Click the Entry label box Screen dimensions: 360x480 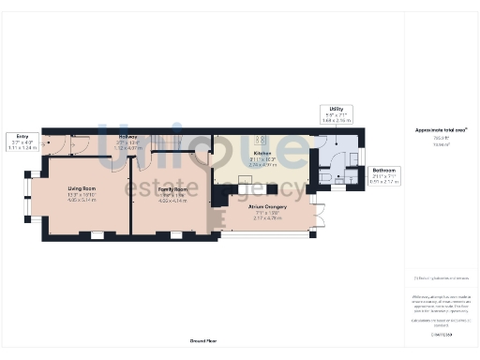[22, 142]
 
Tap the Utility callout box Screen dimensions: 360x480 [336, 114]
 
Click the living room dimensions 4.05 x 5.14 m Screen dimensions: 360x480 [82, 201]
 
